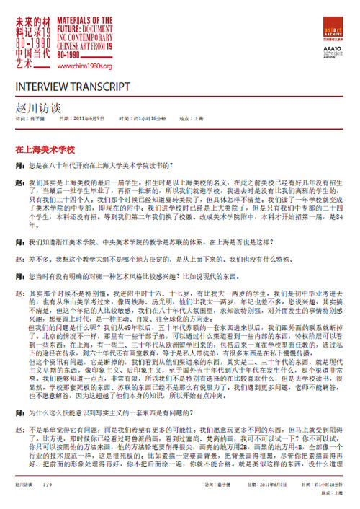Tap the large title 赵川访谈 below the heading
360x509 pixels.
tap(37, 106)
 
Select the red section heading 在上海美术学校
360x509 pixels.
tap(45, 150)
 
